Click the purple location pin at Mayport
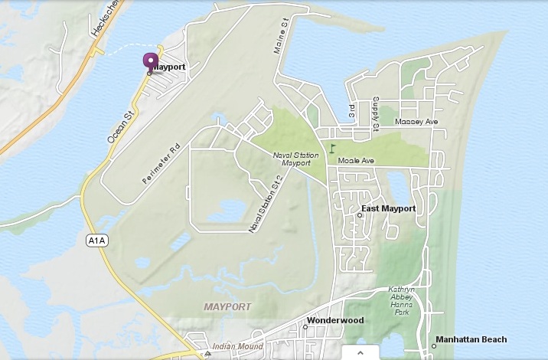pos(150,62)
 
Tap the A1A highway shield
pos(95,241)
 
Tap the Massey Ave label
pos(416,122)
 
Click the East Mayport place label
pos(388,208)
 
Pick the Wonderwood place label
pos(334,320)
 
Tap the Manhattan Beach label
pos(471,339)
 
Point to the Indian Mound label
pos(236,346)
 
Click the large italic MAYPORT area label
pos(227,306)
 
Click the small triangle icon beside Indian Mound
pos(207,354)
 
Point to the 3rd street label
pos(351,112)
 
